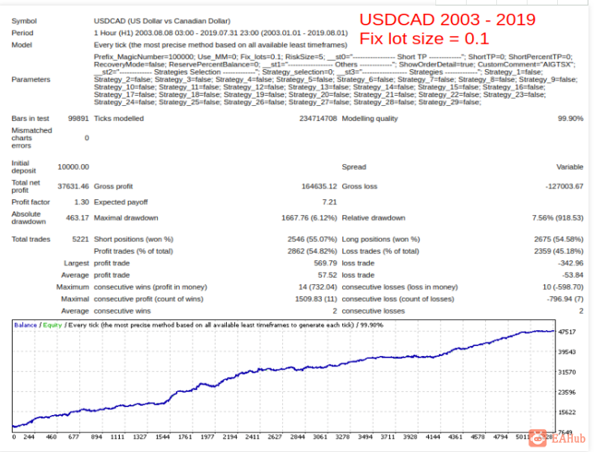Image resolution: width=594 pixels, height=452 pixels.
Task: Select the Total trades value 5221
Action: pos(77,239)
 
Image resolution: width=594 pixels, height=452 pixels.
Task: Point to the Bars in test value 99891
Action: pos(76,118)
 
